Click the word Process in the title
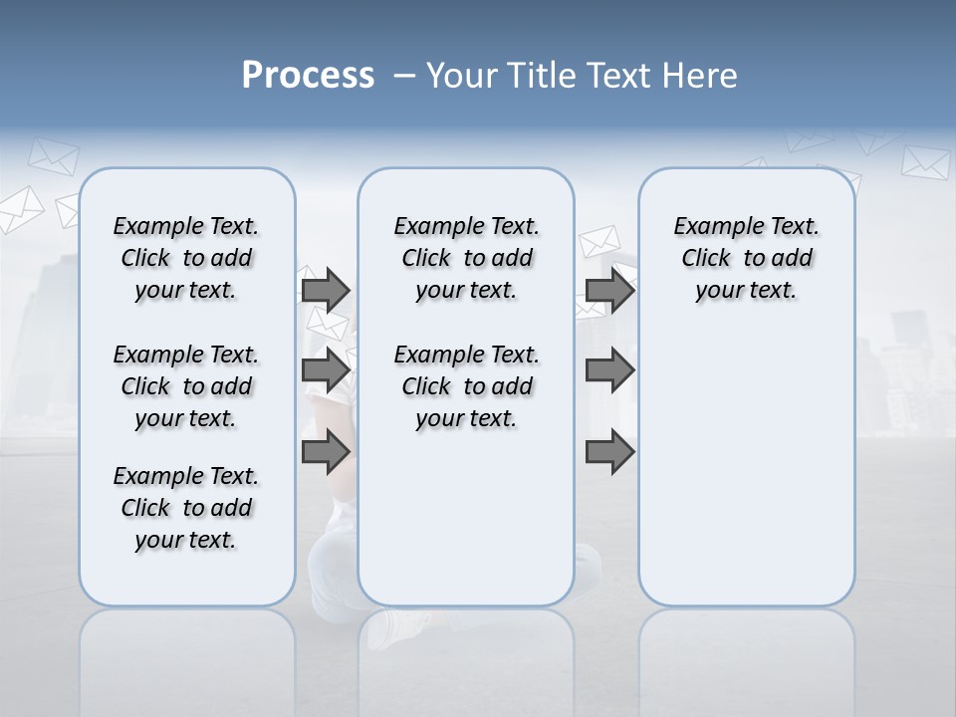[308, 75]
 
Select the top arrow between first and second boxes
[326, 290]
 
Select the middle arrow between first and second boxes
[326, 370]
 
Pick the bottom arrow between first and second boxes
[326, 452]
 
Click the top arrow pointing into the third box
[609, 290]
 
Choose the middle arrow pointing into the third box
[609, 370]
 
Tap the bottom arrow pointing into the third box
[609, 452]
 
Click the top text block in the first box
[186, 258]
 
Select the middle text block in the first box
[186, 386]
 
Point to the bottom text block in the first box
[186, 508]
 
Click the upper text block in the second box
[466, 258]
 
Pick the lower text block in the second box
[466, 386]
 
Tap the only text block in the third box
[746, 258]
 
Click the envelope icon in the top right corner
[925, 162]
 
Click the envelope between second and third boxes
[599, 241]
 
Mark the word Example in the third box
[711, 227]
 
